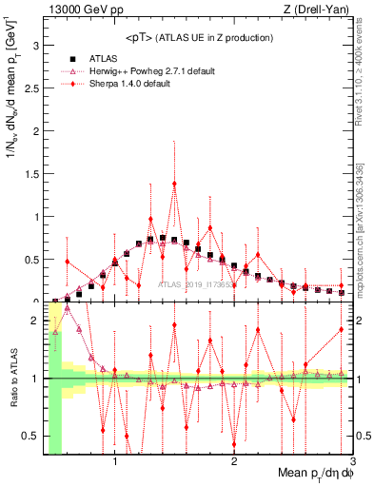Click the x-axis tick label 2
click(234, 463)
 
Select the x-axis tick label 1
click(115, 463)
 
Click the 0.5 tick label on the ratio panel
click(31, 436)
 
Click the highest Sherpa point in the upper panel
click(174, 184)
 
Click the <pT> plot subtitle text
click(199, 37)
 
